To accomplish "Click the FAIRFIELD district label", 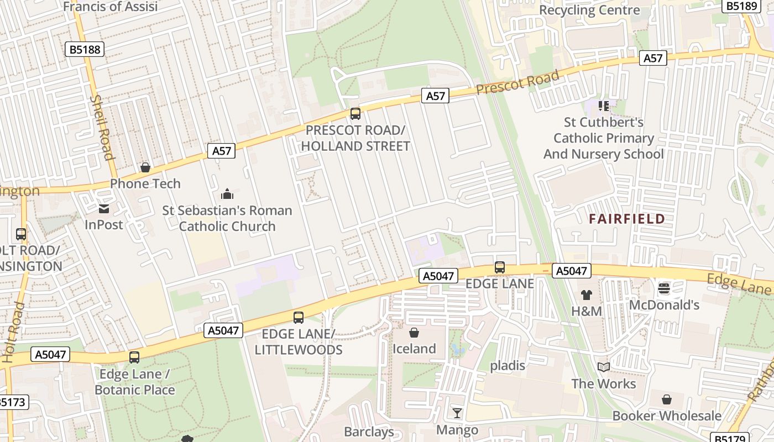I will click(626, 219).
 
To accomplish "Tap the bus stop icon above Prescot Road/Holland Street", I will click(355, 114).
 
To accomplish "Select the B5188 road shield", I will click(85, 50).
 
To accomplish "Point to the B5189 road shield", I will click(741, 6).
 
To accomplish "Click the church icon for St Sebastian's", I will click(227, 194).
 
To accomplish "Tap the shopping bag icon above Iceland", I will click(414, 333).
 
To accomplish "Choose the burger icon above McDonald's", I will click(664, 288).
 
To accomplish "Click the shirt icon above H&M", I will click(586, 295).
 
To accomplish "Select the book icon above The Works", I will click(603, 367).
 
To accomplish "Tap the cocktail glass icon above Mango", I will click(457, 413).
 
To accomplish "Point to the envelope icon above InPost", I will click(103, 209).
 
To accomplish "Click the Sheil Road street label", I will click(102, 127).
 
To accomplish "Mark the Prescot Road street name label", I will click(517, 83).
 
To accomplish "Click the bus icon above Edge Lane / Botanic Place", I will click(134, 357).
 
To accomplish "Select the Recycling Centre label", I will click(589, 10).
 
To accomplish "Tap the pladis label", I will click(508, 365).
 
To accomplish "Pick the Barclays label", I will click(369, 432).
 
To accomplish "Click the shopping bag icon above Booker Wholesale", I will click(667, 399).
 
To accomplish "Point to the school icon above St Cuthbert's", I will click(603, 105).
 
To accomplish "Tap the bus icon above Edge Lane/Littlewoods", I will click(299, 318).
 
